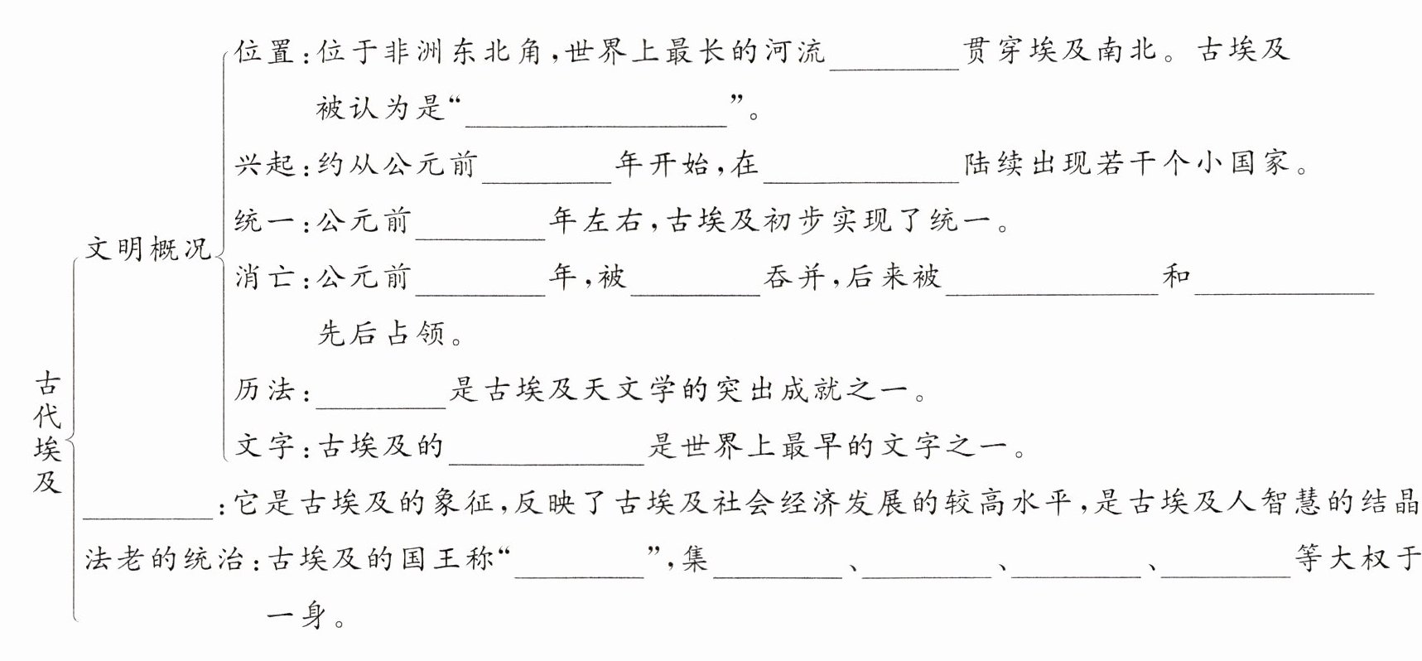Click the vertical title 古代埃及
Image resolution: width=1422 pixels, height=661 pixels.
[x=47, y=432]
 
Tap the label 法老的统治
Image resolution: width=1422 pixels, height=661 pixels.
[x=166, y=559]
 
